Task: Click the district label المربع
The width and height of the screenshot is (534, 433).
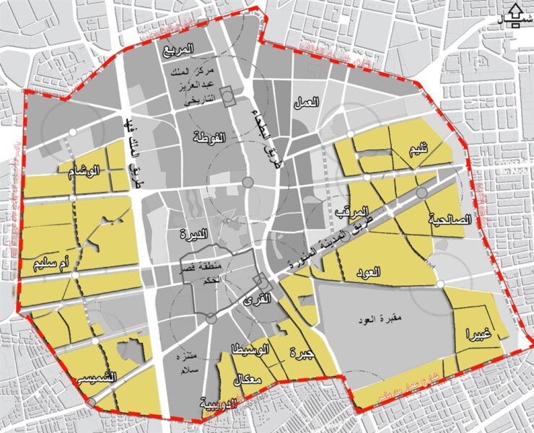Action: pyautogui.click(x=179, y=51)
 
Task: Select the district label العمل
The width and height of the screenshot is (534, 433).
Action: pyautogui.click(x=307, y=104)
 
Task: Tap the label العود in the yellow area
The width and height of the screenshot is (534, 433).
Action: pyautogui.click(x=367, y=273)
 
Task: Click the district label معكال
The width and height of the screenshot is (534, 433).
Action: pyautogui.click(x=246, y=380)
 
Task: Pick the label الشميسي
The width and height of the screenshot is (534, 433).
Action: pyautogui.click(x=97, y=378)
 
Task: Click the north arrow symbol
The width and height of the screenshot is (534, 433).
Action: pyautogui.click(x=515, y=14)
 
